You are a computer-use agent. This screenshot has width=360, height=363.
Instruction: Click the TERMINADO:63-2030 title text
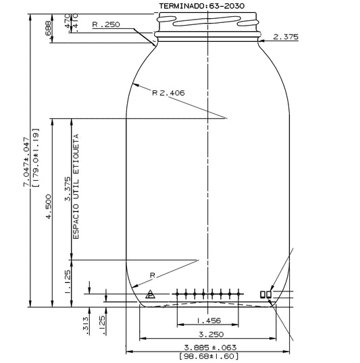207,5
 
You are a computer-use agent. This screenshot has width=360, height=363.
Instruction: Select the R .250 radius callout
105,25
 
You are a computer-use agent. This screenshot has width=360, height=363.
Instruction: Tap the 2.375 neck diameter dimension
285,37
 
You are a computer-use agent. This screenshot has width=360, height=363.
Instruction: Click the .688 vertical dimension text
48,29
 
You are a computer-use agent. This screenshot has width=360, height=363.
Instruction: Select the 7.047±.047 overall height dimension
26,162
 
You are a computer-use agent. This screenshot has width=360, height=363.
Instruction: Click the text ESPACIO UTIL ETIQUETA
76,190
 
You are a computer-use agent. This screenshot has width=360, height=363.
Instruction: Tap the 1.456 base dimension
208,321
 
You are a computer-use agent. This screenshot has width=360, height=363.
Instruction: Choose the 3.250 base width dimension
208,334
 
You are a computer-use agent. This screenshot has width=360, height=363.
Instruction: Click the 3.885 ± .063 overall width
208,347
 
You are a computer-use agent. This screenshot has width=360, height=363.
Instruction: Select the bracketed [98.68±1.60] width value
208,356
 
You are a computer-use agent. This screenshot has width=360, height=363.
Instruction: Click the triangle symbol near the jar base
150,294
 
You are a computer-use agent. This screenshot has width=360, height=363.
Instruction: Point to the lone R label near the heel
153,275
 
